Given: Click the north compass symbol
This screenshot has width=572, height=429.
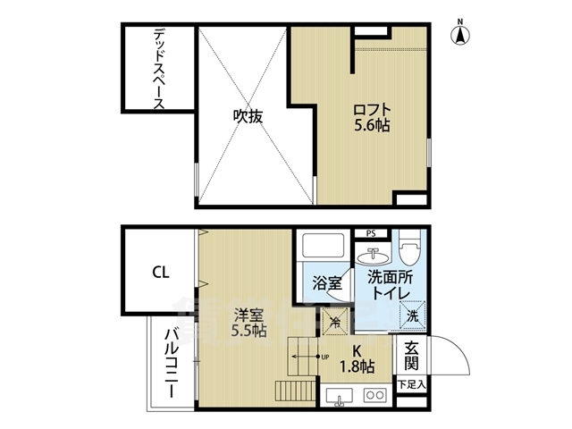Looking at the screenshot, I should tap(460, 34).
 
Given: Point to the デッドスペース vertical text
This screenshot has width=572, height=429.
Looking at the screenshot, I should tap(158, 69).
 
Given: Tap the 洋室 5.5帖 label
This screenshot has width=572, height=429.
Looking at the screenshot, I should tap(248, 322).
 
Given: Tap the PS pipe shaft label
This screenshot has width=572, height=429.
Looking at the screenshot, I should tap(370, 233).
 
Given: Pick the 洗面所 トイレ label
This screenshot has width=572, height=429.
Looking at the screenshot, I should tap(394, 284).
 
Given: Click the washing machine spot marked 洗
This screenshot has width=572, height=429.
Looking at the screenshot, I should tap(412, 315).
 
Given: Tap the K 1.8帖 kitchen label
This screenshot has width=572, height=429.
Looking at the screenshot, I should tap(356, 358).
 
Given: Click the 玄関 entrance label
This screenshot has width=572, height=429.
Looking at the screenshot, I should tap(411, 356).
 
